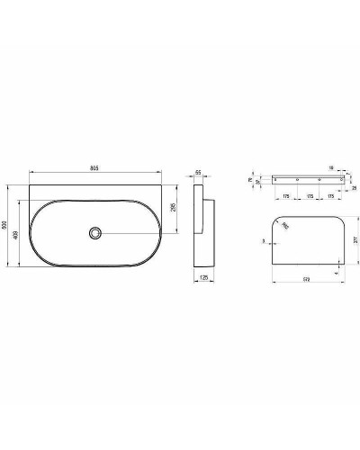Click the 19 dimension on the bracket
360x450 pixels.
333,167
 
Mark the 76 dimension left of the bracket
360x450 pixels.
251,179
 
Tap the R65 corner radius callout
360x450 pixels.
286,227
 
